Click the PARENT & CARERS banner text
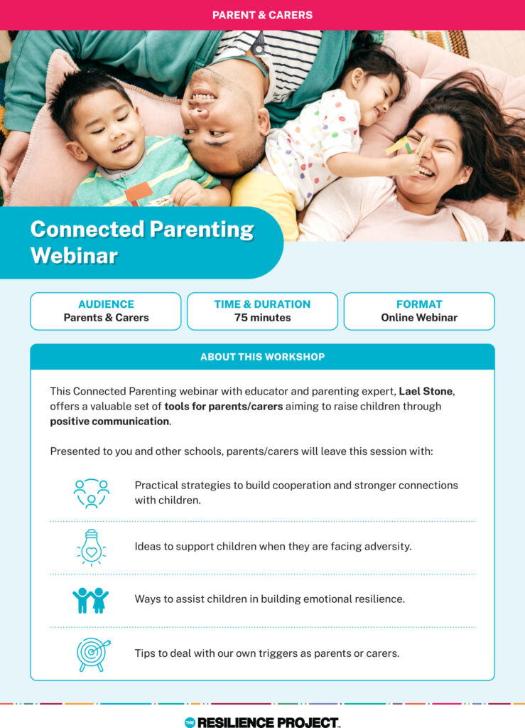262,14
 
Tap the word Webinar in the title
74,255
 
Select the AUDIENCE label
106,304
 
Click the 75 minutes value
262,318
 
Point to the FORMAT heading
419,304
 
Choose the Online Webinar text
419,318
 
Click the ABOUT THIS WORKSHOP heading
262,357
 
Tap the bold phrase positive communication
109,421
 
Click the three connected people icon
91,493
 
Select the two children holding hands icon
91,599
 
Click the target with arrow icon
91,653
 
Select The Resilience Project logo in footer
262,722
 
